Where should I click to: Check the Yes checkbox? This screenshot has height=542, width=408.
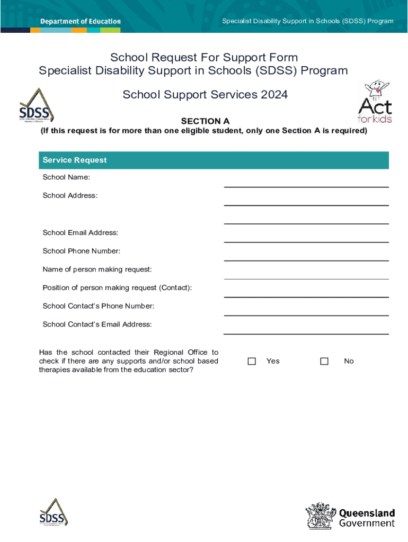(x=252, y=361)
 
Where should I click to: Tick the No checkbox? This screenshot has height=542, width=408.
(x=324, y=361)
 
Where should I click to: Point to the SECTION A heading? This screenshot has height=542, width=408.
(x=205, y=121)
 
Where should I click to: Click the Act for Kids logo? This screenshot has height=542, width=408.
(x=375, y=102)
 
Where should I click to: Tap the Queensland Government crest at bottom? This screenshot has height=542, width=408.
(x=321, y=516)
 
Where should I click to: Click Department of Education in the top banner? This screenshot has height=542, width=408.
(x=81, y=22)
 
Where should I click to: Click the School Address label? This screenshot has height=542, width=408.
(x=70, y=195)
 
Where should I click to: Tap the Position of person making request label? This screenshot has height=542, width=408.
(x=117, y=287)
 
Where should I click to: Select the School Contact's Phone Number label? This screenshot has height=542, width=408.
(x=99, y=306)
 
